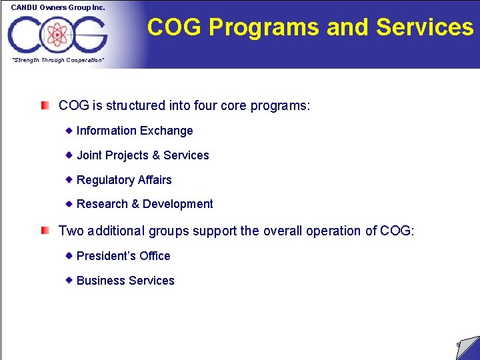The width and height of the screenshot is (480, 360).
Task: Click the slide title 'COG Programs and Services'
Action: click(x=310, y=27)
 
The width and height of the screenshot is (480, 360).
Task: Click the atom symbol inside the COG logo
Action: click(x=58, y=33)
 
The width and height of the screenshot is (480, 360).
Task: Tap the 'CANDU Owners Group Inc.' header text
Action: click(x=58, y=7)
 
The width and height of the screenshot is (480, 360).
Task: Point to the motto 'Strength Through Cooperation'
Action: click(x=58, y=61)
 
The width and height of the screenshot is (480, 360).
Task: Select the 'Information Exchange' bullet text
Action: click(x=135, y=131)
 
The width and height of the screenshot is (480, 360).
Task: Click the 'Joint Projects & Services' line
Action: click(x=143, y=155)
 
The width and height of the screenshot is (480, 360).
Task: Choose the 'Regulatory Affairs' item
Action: click(x=124, y=180)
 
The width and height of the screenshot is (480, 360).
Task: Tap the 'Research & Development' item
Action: click(x=145, y=204)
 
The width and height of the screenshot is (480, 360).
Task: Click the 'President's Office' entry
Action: click(x=123, y=256)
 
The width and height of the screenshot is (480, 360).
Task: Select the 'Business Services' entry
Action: click(x=125, y=281)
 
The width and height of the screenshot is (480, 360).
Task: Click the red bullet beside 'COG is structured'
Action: click(x=45, y=105)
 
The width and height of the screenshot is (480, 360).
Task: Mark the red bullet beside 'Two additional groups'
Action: click(x=45, y=231)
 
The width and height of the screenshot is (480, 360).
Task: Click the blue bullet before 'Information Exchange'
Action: click(x=69, y=130)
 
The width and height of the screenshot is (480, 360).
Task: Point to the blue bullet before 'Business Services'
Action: click(x=69, y=280)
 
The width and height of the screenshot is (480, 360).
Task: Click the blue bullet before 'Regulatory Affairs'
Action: click(x=69, y=179)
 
